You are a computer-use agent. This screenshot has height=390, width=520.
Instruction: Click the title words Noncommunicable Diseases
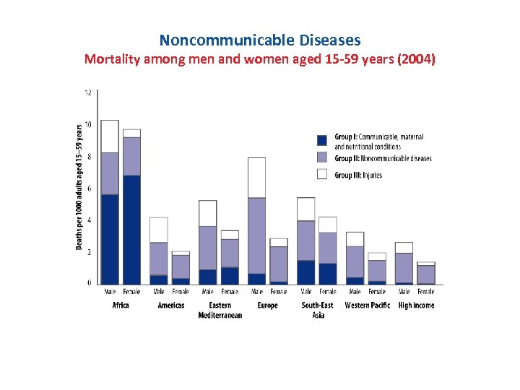click(x=260, y=40)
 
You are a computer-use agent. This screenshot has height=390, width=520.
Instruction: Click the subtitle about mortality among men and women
click(x=260, y=59)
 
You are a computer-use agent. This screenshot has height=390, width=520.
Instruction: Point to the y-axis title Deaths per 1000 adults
click(x=79, y=186)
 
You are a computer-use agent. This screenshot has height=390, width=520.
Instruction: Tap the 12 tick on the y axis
click(x=87, y=92)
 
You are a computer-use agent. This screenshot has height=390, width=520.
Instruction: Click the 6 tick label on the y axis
click(x=88, y=188)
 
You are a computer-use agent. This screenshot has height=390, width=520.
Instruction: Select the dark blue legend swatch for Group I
click(x=322, y=139)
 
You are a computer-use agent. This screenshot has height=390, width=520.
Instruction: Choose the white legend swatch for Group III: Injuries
click(x=322, y=174)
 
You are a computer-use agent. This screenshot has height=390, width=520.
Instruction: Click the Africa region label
click(x=121, y=305)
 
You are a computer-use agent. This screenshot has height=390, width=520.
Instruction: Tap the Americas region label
click(x=171, y=305)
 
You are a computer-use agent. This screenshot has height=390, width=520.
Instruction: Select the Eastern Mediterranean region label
click(x=220, y=310)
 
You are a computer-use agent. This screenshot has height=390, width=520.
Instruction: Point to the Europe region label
click(x=267, y=305)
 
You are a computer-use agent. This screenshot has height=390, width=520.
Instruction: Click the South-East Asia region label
click(x=318, y=310)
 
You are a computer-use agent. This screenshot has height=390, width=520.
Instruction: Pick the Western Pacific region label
click(x=367, y=305)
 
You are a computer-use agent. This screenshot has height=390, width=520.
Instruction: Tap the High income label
click(x=415, y=305)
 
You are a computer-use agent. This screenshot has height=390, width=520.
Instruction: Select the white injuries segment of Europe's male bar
click(x=256, y=177)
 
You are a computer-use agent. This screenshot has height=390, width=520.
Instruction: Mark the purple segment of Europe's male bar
click(x=256, y=235)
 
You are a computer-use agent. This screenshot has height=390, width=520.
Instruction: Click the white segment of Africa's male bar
click(x=110, y=136)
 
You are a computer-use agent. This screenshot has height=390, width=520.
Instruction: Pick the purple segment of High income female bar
click(x=426, y=274)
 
